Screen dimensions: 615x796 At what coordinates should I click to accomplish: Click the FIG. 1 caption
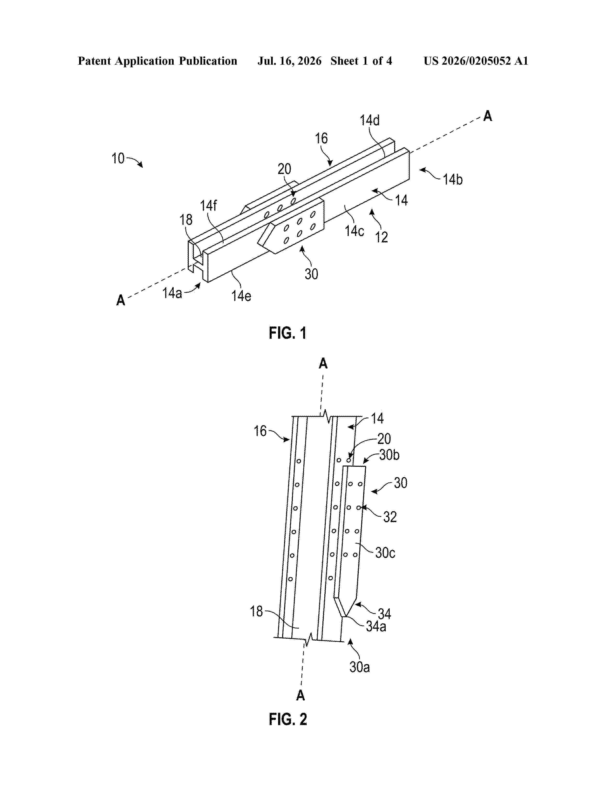pyautogui.click(x=287, y=333)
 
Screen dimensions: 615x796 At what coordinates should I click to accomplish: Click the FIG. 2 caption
pyautogui.click(x=288, y=719)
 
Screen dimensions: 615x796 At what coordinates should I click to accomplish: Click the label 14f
pyautogui.click(x=208, y=206)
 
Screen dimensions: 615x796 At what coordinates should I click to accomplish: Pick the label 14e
pyautogui.click(x=241, y=295)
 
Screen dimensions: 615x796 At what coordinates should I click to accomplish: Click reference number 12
pyautogui.click(x=382, y=237)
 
